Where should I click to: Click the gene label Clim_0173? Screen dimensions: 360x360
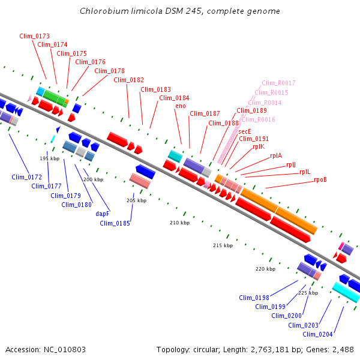tap(34, 37)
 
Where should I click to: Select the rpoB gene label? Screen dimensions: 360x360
tap(320, 179)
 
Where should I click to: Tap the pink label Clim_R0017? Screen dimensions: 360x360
tap(278, 83)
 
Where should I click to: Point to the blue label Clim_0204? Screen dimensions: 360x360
tap(317, 334)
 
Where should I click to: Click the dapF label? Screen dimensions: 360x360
tap(102, 214)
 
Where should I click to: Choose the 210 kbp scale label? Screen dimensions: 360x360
tap(179, 223)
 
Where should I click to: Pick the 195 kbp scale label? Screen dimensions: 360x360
tap(50, 158)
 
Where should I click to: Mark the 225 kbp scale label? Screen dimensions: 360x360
tap(308, 293)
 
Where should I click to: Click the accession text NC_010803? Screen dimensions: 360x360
tap(65, 349)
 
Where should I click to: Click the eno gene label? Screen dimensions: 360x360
tap(180, 106)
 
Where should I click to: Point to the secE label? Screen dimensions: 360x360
tap(245, 131)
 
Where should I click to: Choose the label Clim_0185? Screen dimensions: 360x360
tap(115, 224)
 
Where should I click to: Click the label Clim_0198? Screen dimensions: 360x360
tap(254, 298)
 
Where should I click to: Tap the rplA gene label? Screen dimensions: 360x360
tap(276, 155)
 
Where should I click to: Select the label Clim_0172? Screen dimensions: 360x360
tap(26, 177)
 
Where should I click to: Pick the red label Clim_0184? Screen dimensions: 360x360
tap(174, 98)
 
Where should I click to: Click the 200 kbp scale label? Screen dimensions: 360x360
tap(93, 179)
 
